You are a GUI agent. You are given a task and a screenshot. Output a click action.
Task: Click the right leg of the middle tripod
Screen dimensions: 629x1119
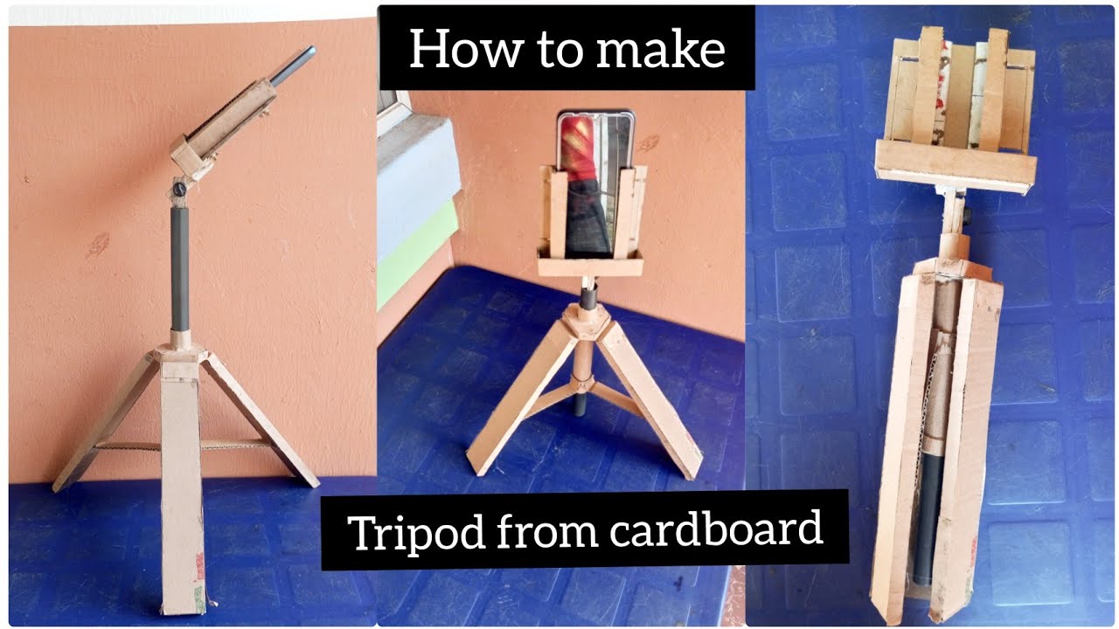[651, 397]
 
